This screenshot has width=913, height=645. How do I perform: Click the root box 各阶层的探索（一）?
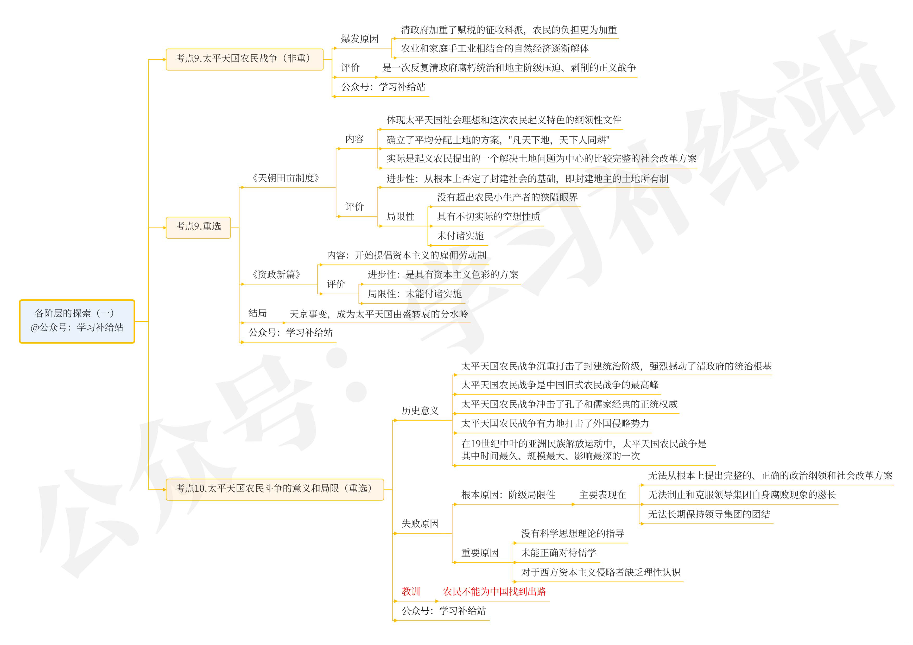coord(77,321)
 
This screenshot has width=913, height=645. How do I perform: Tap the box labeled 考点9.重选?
coord(198,227)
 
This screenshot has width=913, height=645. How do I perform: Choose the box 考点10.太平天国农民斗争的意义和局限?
coord(274,489)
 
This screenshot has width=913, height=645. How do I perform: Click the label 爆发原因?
coord(359,39)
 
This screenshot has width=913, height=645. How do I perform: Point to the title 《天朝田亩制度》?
coord(286,178)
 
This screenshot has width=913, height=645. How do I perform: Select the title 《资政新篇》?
coord(276,274)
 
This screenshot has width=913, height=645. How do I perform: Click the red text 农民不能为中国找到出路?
coord(494,592)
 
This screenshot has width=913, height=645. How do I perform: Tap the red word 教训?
coord(411,592)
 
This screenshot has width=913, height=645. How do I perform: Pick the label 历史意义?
coord(420,411)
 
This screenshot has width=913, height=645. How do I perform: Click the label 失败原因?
coord(420,524)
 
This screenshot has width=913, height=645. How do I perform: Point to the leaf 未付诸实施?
coord(460,236)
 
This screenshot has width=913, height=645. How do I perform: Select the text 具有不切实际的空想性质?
coord(488,217)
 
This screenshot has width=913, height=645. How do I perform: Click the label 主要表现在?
coord(603,495)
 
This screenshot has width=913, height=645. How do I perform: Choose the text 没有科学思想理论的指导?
coord(573,534)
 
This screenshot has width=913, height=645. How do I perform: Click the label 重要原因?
coord(480,553)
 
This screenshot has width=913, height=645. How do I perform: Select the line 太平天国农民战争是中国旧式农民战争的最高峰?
coord(560,385)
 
